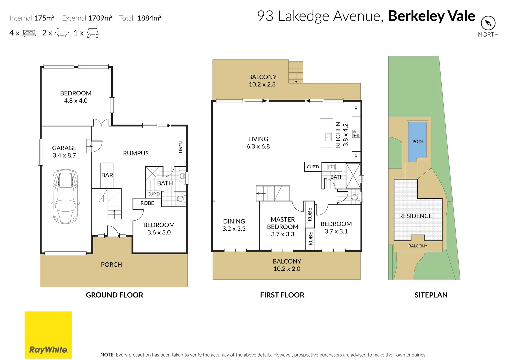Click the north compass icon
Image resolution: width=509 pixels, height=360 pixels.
pyautogui.click(x=488, y=23)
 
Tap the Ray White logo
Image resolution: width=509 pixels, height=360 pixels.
pyautogui.click(x=48, y=335)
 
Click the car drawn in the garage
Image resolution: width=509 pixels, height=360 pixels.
pyautogui.click(x=65, y=196)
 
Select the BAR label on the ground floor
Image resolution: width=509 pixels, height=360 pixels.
pyautogui.click(x=107, y=175)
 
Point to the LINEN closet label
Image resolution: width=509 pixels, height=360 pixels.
pyautogui.click(x=181, y=147)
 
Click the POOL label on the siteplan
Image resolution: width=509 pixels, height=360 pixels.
pyautogui.click(x=418, y=141)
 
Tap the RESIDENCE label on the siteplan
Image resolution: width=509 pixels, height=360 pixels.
pyautogui.click(x=415, y=216)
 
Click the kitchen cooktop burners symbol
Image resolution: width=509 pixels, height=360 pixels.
pyautogui.click(x=356, y=134)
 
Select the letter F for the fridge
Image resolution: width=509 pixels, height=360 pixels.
pyautogui.click(x=356, y=108)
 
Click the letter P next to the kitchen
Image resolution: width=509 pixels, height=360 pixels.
pyautogui.click(x=356, y=156)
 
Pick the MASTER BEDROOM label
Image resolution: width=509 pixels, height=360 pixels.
pyautogui.click(x=282, y=227)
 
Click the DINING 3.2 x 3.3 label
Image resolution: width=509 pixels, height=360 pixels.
pyautogui.click(x=234, y=225)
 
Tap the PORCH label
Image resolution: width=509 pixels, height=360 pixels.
pyautogui.click(x=111, y=264)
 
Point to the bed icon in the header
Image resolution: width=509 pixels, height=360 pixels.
pyautogui.click(x=29, y=33)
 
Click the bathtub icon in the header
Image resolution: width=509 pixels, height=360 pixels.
pyautogui.click(x=62, y=33)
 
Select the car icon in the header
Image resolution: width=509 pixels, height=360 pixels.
pyautogui.click(x=92, y=33)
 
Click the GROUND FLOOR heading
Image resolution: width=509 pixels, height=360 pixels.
pyautogui.click(x=114, y=295)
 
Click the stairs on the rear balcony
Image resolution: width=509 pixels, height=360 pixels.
pyautogui.click(x=296, y=72)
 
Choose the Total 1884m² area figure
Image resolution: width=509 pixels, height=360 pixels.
pyautogui.click(x=140, y=18)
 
